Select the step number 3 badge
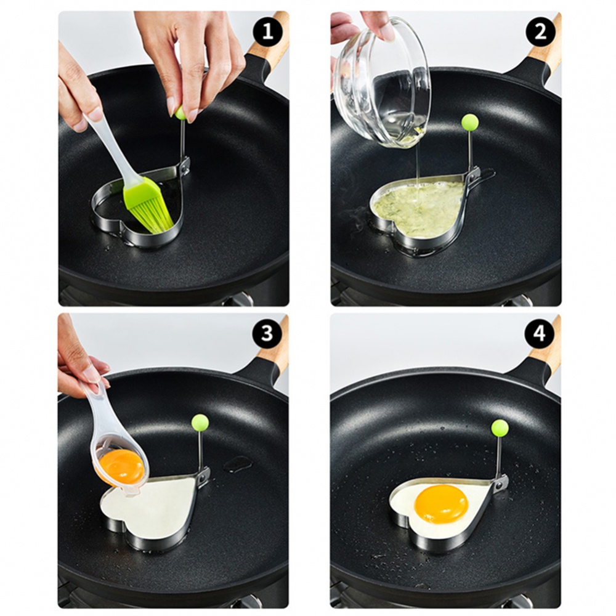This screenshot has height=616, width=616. pos(267,334)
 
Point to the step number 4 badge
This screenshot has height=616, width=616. pos(540,334)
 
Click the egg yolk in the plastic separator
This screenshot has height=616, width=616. pos(122,466)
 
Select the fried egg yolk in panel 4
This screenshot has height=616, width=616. pos(440,503)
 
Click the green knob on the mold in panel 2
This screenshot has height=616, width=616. pos(470,122)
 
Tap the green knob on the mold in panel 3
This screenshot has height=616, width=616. pos(200,422)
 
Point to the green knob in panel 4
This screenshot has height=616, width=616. pos(500,428)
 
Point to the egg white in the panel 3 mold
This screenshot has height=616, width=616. pos(151,508)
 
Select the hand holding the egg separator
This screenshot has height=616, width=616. pos(80,360)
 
